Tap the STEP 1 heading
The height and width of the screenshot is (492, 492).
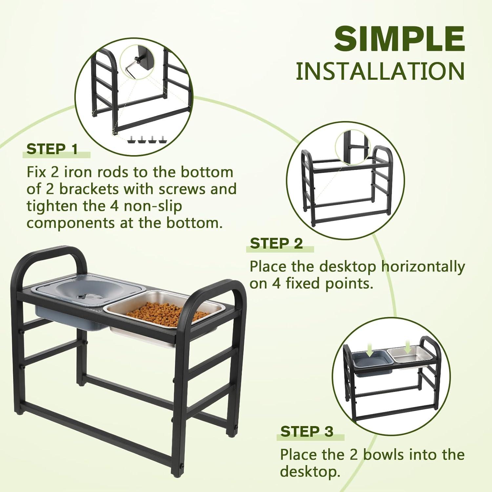click(52, 149)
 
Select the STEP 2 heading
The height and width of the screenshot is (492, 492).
click(276, 244)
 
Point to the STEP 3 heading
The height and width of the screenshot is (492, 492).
click(307, 432)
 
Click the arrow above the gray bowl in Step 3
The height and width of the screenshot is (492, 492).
click(370, 352)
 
